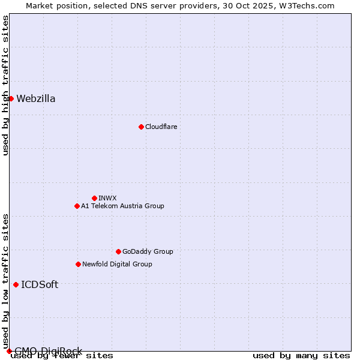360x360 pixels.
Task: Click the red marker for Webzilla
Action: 11,98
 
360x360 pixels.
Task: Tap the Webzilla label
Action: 36,99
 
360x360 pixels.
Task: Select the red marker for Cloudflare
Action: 141,127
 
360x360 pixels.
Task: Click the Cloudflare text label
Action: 161,127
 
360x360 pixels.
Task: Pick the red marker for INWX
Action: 94,198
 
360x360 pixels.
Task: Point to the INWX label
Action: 107,198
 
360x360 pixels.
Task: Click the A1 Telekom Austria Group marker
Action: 77,206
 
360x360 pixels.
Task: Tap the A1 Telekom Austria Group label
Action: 122,206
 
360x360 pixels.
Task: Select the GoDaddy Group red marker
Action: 118,251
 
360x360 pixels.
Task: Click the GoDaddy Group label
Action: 148,251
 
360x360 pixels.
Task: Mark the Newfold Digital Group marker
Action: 78,264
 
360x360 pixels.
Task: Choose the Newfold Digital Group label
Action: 117,264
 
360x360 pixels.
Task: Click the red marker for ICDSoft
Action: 16,284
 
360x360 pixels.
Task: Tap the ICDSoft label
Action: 40,285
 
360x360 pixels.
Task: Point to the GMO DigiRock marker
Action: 9,351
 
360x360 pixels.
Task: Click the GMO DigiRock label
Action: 48,351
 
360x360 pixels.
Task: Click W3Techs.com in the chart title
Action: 310,5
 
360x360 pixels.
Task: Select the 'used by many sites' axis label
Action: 301,356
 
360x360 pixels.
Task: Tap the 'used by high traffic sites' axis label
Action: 5,85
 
